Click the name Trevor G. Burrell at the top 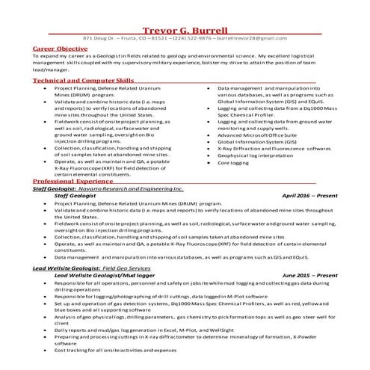185,27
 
